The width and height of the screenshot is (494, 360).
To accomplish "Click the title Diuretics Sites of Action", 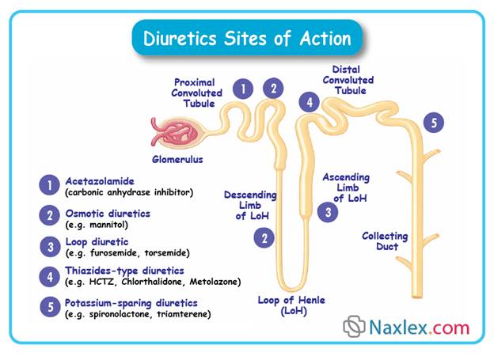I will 247,37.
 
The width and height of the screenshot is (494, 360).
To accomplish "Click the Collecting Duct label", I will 385,241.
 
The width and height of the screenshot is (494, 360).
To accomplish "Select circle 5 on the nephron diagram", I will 433,123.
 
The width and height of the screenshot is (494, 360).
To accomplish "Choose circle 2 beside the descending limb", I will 264,237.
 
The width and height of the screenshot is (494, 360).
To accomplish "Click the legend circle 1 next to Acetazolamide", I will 49,185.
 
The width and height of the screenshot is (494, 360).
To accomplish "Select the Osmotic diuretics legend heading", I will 108,214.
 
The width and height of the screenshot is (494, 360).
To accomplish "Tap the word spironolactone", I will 119,315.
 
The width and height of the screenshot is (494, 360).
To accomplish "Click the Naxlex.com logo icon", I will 354,326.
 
